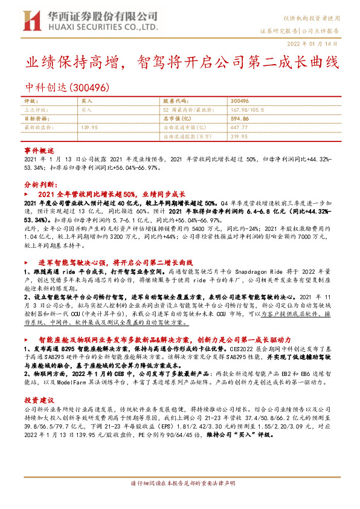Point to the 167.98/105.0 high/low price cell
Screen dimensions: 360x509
[249, 110]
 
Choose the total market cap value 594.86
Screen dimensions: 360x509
[242, 119]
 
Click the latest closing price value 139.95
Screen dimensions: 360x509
[89, 128]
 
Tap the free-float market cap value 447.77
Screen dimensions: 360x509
[239, 128]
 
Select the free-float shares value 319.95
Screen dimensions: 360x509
[239, 137]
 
